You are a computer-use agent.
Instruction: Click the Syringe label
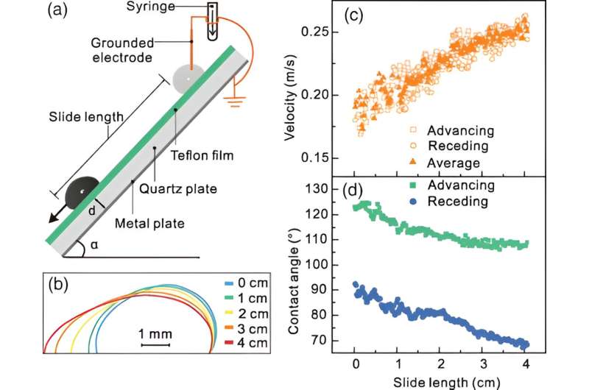click(x=174, y=10)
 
